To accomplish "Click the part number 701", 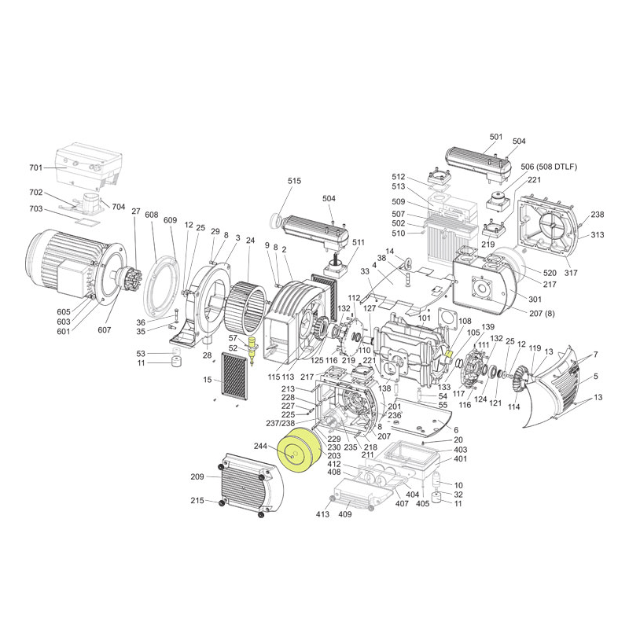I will point(35,168).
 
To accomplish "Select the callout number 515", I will point(294,182).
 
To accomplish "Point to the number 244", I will point(261,446).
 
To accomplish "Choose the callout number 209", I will point(197,476).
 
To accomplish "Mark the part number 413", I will point(322,516).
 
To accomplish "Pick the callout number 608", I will point(152,215).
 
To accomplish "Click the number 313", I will point(598,235).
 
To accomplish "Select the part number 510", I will point(399,233).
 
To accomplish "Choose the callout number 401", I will point(460,459).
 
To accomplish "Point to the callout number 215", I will point(197,501).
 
